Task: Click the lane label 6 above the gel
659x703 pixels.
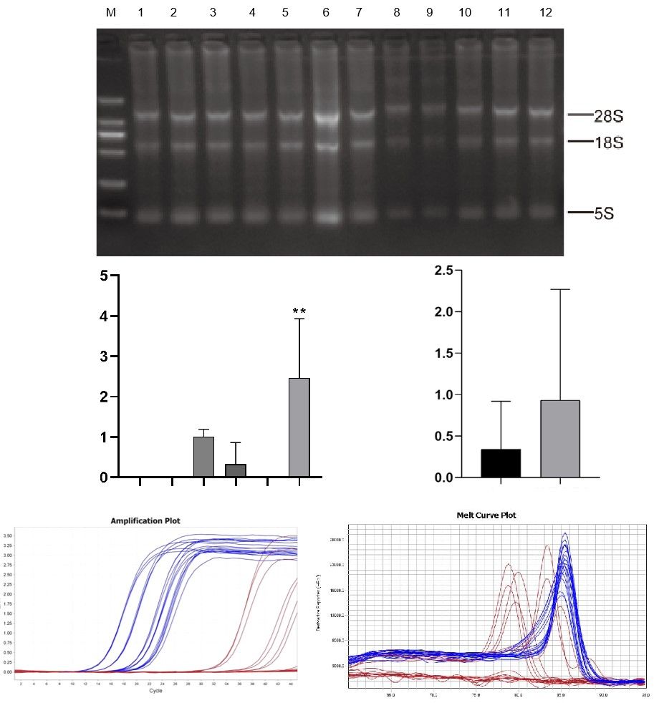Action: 326,13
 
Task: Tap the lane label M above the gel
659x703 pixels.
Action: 110,13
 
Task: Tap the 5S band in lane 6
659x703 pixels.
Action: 327,215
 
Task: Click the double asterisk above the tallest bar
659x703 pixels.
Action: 299,311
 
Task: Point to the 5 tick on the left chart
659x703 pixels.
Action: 104,276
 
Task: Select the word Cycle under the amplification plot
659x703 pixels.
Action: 155,691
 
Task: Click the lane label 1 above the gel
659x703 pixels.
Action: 141,13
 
